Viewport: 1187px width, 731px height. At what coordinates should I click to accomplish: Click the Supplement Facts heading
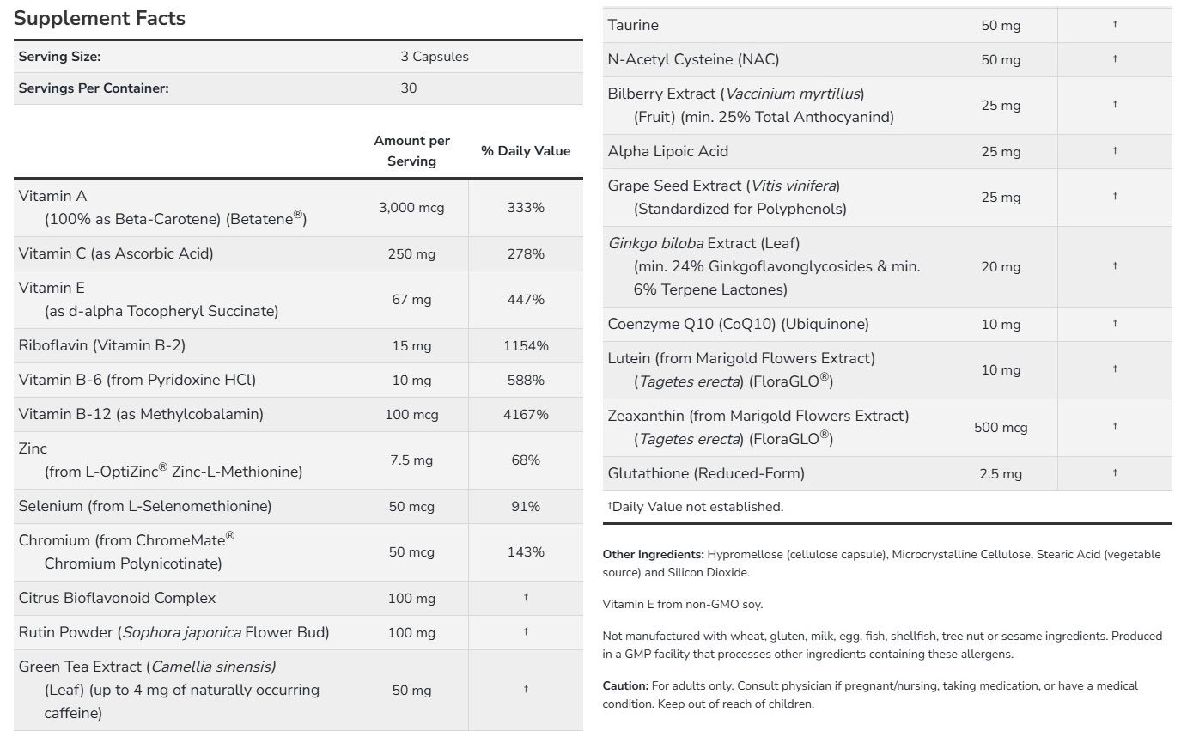point(100,18)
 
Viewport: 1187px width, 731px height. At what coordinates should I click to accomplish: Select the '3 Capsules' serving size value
point(435,57)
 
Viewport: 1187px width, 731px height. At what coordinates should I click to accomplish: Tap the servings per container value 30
point(409,88)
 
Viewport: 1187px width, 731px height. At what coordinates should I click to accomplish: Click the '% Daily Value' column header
point(526,151)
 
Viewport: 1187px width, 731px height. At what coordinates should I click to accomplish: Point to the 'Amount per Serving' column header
point(412,151)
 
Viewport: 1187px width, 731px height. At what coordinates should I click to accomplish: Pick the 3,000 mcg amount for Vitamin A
point(411,208)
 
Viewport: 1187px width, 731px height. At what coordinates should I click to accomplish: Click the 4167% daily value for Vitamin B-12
point(526,415)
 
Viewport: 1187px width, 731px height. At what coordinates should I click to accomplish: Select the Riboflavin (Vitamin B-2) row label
point(102,345)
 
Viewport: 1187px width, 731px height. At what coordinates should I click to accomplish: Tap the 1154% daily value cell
point(526,346)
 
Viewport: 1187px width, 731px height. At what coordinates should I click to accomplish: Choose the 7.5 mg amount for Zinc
point(411,460)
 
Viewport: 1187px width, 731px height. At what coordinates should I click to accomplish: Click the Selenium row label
point(145,507)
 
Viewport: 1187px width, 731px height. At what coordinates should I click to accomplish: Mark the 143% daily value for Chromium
point(526,552)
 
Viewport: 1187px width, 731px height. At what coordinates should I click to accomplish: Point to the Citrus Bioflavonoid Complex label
point(117,598)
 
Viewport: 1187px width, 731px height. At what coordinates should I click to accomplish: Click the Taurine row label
point(633,26)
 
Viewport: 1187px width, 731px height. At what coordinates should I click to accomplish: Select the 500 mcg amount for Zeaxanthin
point(1001,428)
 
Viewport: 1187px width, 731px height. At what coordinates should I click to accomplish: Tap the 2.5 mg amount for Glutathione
point(1001,474)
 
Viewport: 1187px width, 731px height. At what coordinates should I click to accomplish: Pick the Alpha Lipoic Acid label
point(668,152)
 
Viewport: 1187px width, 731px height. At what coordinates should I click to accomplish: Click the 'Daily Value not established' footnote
point(696,507)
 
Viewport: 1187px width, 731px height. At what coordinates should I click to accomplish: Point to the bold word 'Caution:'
point(625,685)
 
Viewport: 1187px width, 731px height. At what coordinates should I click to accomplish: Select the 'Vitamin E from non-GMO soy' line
point(683,605)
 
